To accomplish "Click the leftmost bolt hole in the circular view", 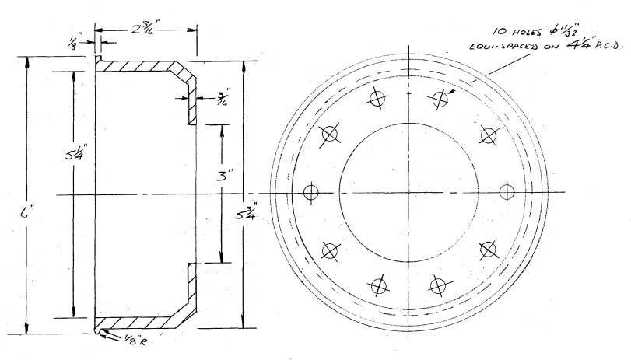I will [312, 192].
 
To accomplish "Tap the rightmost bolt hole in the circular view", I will [507, 191].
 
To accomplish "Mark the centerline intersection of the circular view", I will [409, 192].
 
